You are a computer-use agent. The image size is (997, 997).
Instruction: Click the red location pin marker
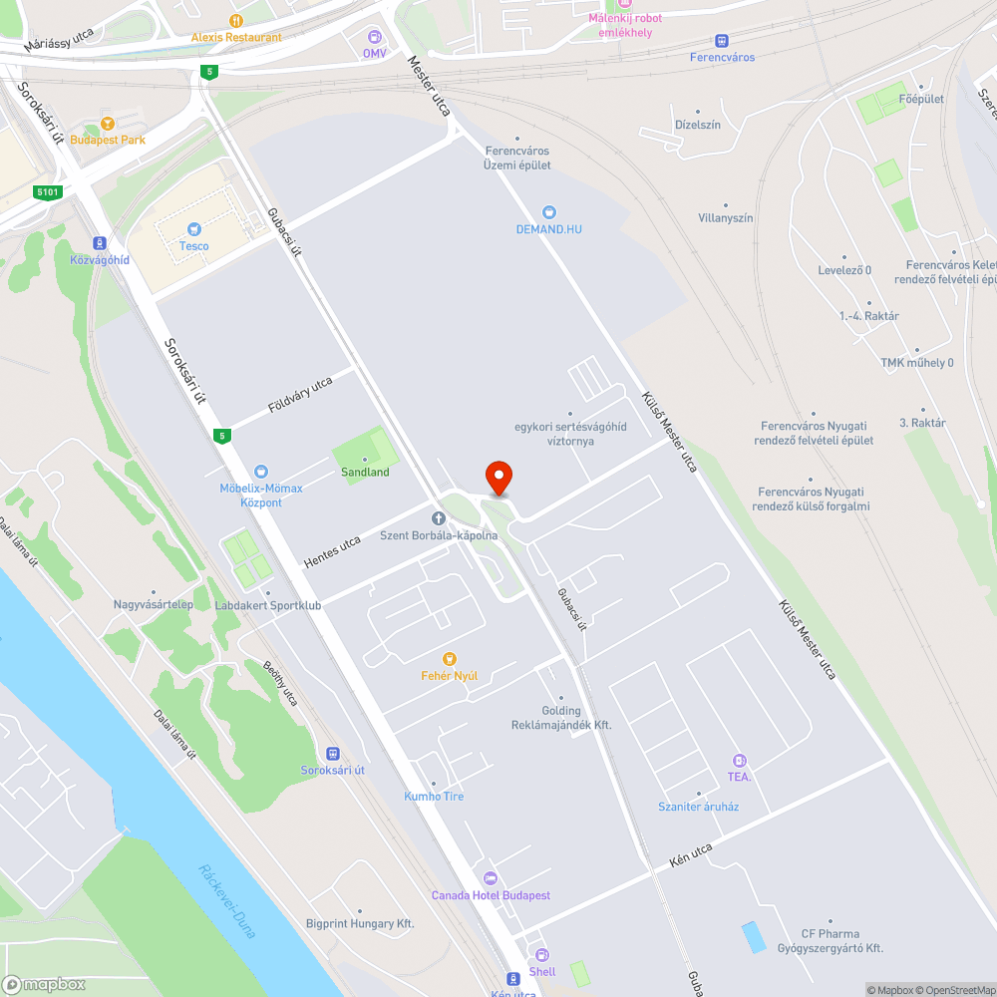[x=498, y=478]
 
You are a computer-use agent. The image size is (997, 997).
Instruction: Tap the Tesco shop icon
[x=194, y=228]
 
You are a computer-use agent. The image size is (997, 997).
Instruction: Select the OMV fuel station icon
[x=374, y=36]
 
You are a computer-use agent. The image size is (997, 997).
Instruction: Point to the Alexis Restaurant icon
[x=236, y=20]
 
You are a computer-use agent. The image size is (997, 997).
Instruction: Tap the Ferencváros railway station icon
[x=722, y=40]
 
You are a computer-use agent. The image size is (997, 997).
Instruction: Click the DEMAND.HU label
[x=548, y=229]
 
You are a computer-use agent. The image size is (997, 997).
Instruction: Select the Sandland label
[x=365, y=472]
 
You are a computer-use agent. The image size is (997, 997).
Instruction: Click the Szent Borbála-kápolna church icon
[x=438, y=518]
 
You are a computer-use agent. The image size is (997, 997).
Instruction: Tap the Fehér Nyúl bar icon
[x=449, y=659]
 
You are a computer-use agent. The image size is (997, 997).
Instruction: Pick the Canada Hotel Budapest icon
[x=490, y=878]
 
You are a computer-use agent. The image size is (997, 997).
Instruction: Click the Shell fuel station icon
[x=541, y=955]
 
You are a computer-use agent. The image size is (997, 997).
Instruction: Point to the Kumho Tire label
[x=434, y=797]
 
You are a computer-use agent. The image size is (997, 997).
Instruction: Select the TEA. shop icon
[x=739, y=760]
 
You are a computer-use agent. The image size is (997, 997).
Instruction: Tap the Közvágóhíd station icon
[x=100, y=242]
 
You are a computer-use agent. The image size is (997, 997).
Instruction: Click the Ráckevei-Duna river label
[x=228, y=900]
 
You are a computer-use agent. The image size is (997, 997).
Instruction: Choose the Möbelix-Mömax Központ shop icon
[x=261, y=471]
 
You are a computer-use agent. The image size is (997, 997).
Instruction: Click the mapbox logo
[x=44, y=984]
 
